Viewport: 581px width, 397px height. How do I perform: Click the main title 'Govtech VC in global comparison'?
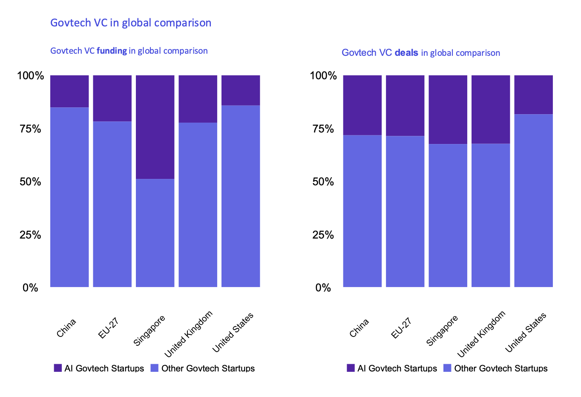131,23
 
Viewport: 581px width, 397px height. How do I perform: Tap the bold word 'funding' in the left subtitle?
112,51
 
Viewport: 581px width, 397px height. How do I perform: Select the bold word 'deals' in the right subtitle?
406,53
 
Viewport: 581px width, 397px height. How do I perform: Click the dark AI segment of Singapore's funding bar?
155,127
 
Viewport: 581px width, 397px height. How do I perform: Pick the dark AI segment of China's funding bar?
69,91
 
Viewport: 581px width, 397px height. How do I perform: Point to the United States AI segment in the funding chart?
241,90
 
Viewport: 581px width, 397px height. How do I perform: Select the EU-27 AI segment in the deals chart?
405,106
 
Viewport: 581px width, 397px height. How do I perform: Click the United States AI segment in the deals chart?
533,95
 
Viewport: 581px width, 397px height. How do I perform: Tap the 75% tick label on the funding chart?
30,129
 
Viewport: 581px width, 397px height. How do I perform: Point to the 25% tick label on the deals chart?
323,235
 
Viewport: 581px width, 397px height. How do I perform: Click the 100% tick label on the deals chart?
323,76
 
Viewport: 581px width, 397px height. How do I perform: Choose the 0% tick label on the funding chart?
30,288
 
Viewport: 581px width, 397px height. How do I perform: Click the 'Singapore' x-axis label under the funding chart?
149,331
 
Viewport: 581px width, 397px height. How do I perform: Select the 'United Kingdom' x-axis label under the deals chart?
481,334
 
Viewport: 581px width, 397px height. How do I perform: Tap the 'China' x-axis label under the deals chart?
359,328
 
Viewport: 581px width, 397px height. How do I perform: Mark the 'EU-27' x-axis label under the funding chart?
108,328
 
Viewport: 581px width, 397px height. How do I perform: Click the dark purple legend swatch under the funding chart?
58,368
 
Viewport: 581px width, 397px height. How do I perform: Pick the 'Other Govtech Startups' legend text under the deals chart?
500,368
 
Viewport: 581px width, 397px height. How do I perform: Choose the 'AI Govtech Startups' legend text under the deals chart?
397,368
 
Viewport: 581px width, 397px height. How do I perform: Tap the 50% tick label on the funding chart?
30,182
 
